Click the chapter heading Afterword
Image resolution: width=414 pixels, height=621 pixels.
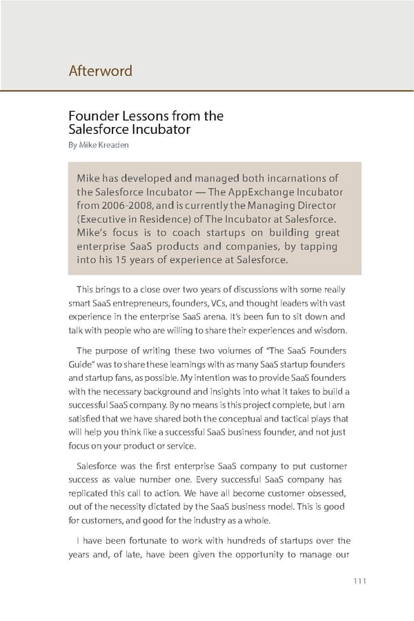(x=101, y=71)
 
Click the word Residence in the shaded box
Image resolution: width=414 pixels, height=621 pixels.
(x=160, y=219)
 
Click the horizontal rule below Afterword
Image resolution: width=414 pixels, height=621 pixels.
(x=207, y=90)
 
